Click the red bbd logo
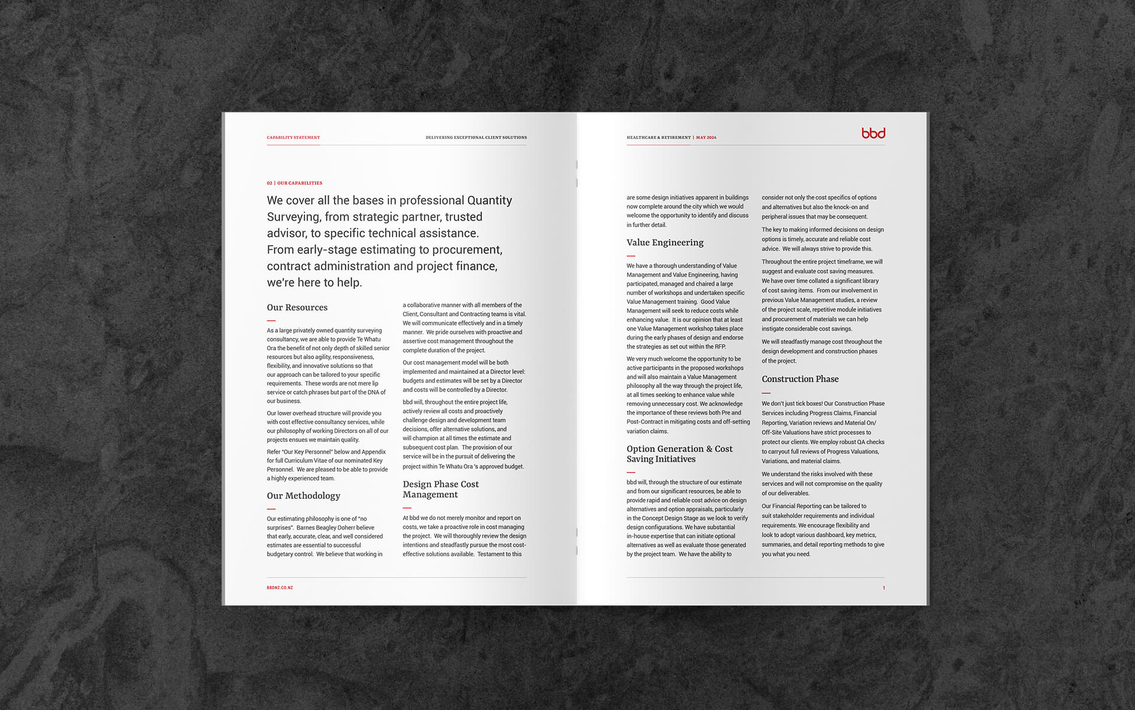[x=873, y=133]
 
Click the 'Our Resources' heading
[x=297, y=308]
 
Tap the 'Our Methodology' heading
[x=303, y=496]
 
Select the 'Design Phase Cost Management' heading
[x=440, y=489]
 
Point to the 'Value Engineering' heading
[x=665, y=243]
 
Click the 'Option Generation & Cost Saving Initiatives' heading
[x=679, y=454]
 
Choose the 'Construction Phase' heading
[x=800, y=379]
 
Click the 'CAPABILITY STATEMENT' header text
[x=293, y=137]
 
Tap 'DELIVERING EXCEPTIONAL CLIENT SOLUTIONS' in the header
[x=476, y=137]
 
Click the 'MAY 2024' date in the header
[x=706, y=137]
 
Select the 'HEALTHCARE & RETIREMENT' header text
[x=659, y=137]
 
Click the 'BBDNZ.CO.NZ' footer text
[x=280, y=588]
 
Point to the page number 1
[x=884, y=588]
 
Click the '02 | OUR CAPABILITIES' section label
[x=294, y=183]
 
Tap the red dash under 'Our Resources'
[x=271, y=321]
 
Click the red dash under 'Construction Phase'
[x=766, y=393]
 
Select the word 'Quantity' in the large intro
[x=489, y=201]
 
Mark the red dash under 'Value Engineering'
[x=631, y=256]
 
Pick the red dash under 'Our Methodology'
[x=271, y=509]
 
